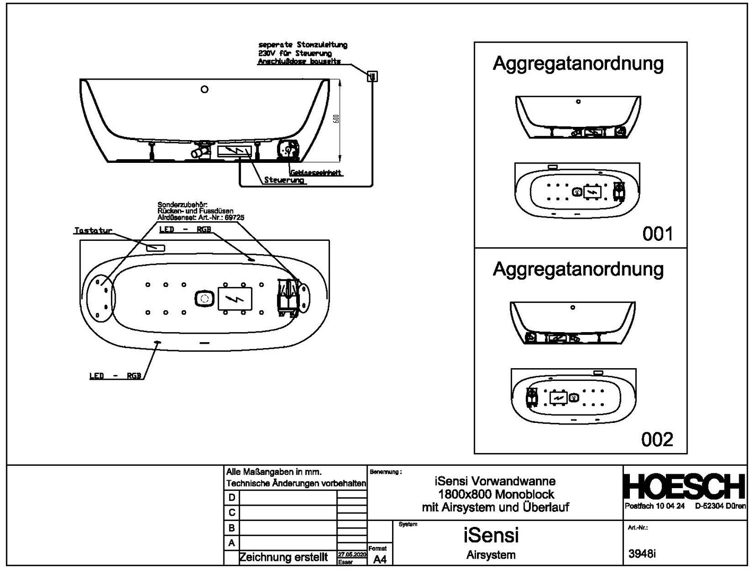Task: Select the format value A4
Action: [380, 560]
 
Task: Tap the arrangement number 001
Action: [657, 233]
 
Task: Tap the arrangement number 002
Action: [657, 439]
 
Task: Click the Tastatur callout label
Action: [93, 231]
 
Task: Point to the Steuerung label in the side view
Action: [284, 180]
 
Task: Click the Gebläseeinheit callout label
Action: [316, 173]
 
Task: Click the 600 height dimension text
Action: [336, 120]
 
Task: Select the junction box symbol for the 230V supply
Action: [372, 76]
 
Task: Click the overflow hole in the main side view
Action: [204, 89]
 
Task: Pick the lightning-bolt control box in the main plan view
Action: [235, 299]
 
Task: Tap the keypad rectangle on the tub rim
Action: [155, 248]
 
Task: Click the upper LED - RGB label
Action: [185, 229]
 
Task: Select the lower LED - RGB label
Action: [115, 376]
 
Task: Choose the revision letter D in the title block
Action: [231, 498]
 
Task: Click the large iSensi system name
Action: [491, 535]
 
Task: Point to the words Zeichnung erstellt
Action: [284, 558]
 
